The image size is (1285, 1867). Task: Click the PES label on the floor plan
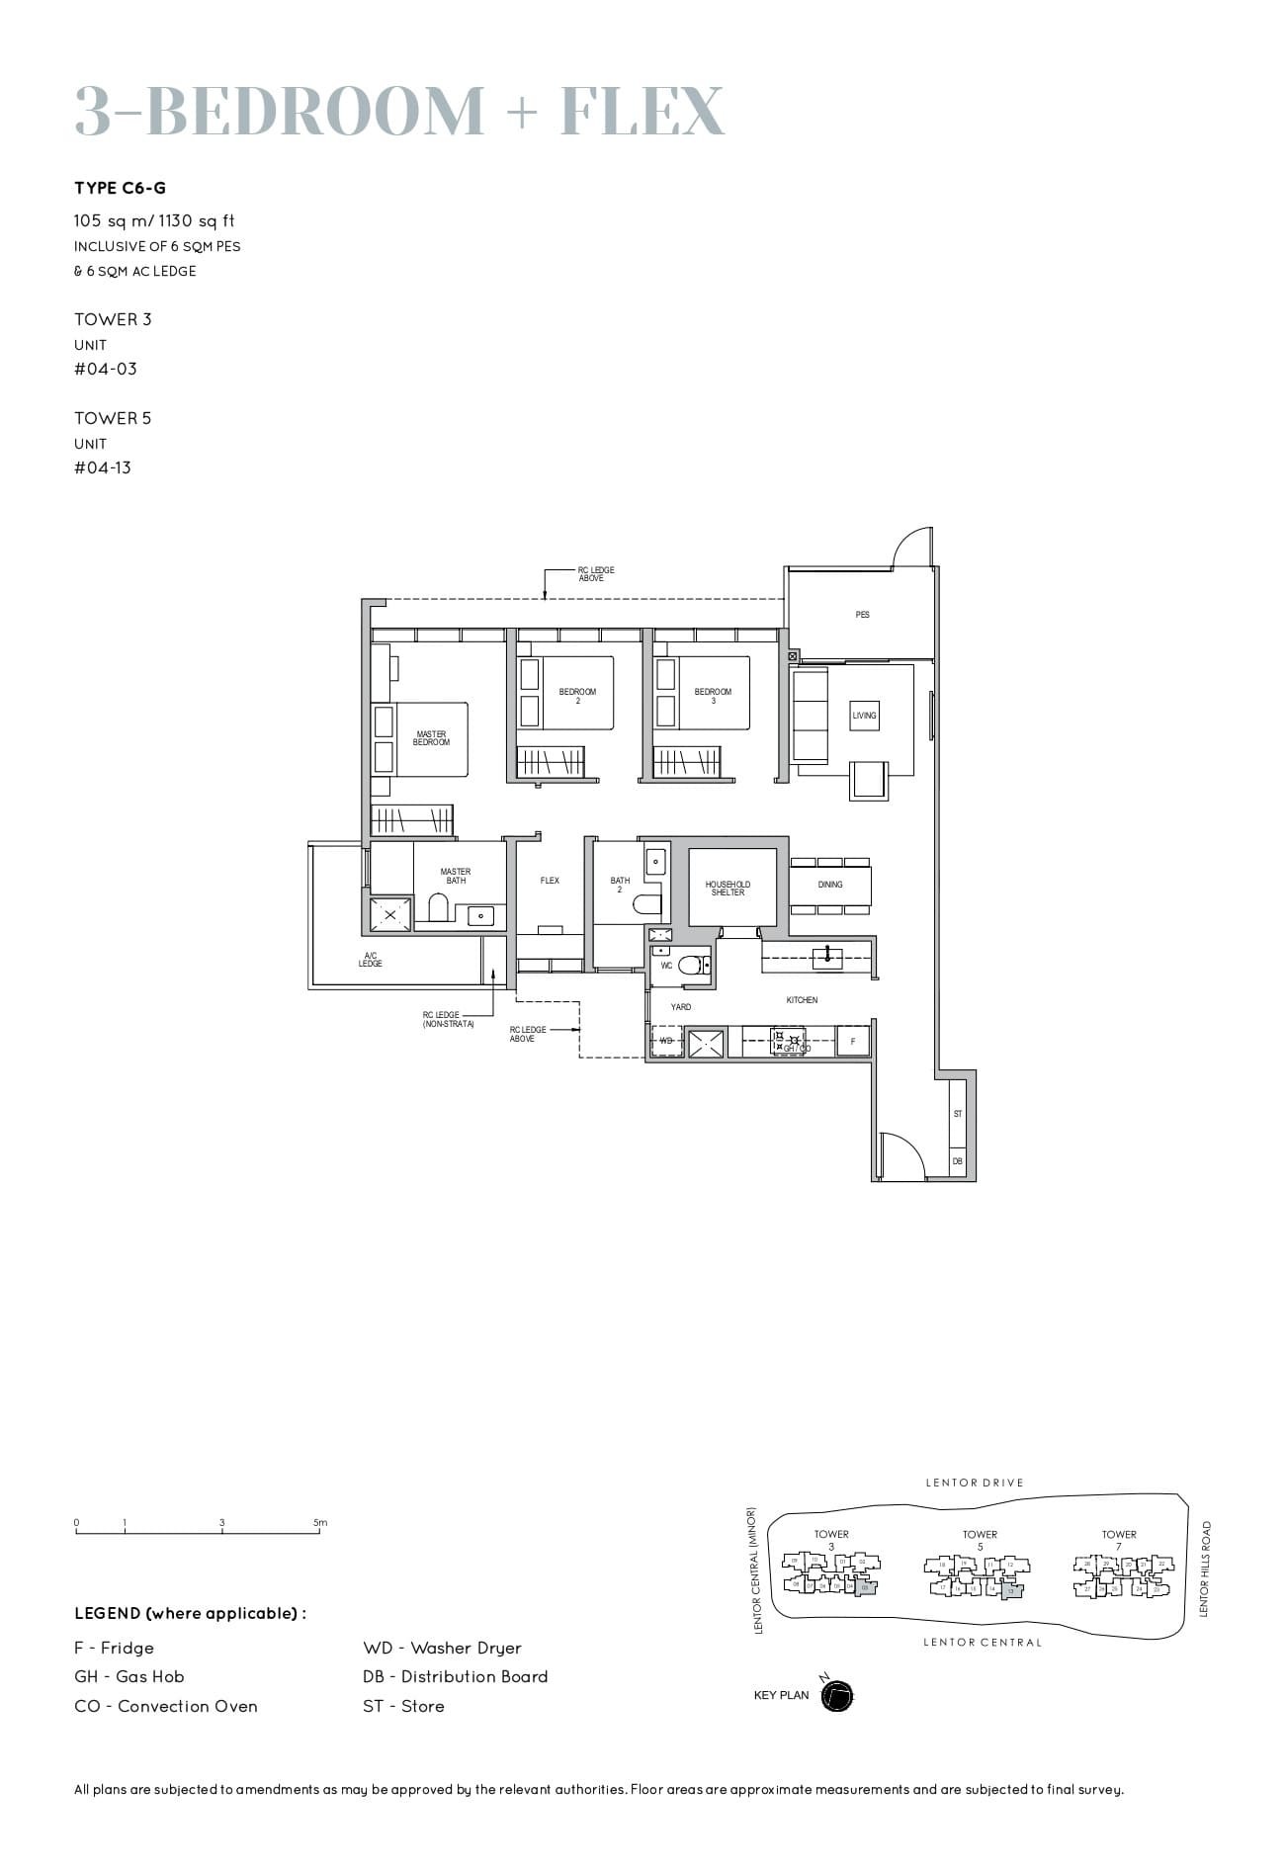pos(862,615)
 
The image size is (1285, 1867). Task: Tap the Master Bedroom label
pos(431,738)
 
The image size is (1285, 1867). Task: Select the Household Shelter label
pos(728,889)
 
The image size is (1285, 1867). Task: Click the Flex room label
pos(550,881)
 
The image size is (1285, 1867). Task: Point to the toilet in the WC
pos(693,965)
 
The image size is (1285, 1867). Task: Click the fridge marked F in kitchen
pos(853,1042)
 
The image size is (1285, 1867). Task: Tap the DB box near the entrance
pos(957,1161)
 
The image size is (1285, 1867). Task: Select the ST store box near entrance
pos(957,1114)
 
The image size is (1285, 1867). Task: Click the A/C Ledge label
pos(371,959)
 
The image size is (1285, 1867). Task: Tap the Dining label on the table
pos(830,885)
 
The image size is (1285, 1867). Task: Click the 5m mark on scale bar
pos(320,1523)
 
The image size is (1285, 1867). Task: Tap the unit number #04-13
pos(103,467)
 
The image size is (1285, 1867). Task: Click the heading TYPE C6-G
pos(121,188)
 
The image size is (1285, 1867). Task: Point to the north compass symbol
pos(836,1696)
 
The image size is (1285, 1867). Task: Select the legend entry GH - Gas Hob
pos(128,1676)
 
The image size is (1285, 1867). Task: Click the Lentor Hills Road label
pos(1204,1569)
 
